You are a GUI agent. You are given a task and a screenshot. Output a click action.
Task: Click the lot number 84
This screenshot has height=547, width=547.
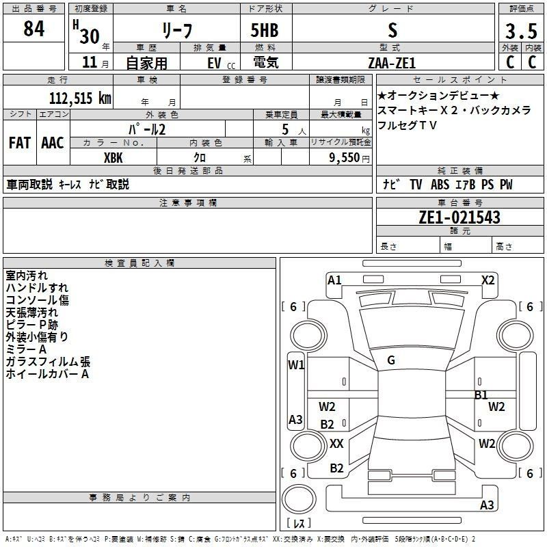tap(34, 29)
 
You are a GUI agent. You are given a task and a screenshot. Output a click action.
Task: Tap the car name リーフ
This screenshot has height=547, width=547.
tap(176, 31)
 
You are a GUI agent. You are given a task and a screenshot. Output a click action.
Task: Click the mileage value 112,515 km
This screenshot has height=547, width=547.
tap(80, 98)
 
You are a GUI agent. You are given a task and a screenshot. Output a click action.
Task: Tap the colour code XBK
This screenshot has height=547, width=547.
tap(113, 157)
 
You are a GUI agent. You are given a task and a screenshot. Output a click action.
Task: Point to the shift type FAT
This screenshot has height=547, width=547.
tap(19, 143)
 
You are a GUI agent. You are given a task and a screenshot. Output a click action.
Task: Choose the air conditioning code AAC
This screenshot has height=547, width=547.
tap(52, 143)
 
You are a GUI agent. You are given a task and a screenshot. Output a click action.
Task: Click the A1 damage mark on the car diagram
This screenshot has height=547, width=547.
tap(334, 280)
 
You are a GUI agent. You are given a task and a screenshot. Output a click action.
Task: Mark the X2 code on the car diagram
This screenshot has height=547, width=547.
tap(488, 280)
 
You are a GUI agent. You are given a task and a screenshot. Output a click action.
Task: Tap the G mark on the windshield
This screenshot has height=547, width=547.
tap(391, 360)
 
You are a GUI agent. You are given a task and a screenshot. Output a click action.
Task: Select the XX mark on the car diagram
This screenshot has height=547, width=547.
tap(336, 444)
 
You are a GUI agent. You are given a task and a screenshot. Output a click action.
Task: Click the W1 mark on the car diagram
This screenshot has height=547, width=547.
tap(296, 365)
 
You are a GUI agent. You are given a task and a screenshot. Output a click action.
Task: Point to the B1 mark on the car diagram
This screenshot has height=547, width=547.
tap(481, 395)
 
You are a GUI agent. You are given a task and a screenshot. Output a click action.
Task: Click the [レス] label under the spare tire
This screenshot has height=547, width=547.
tap(298, 524)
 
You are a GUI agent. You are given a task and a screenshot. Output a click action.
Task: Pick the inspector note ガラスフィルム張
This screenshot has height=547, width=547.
tap(48, 362)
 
